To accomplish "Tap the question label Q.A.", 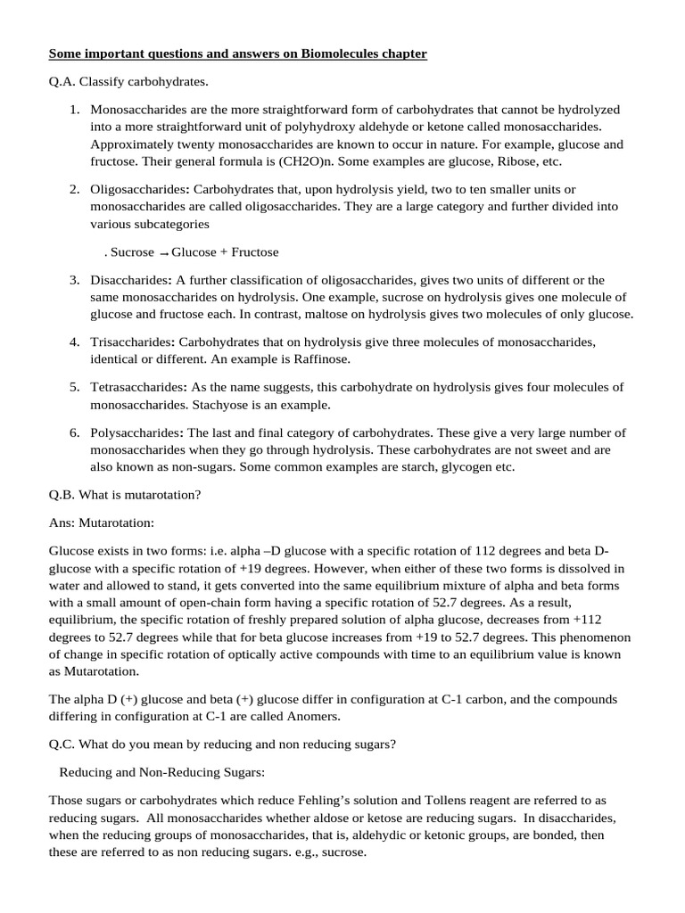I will tap(62, 82).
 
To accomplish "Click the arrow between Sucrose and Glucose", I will tap(163, 253).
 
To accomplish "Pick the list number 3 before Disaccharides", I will tap(74, 280).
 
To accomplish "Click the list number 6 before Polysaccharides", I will tap(74, 432).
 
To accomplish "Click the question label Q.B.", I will tap(62, 496).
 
